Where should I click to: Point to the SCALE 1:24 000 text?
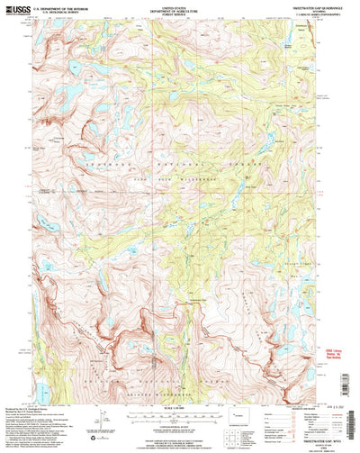[179, 399]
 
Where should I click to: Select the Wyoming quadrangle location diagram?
[237, 416]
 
